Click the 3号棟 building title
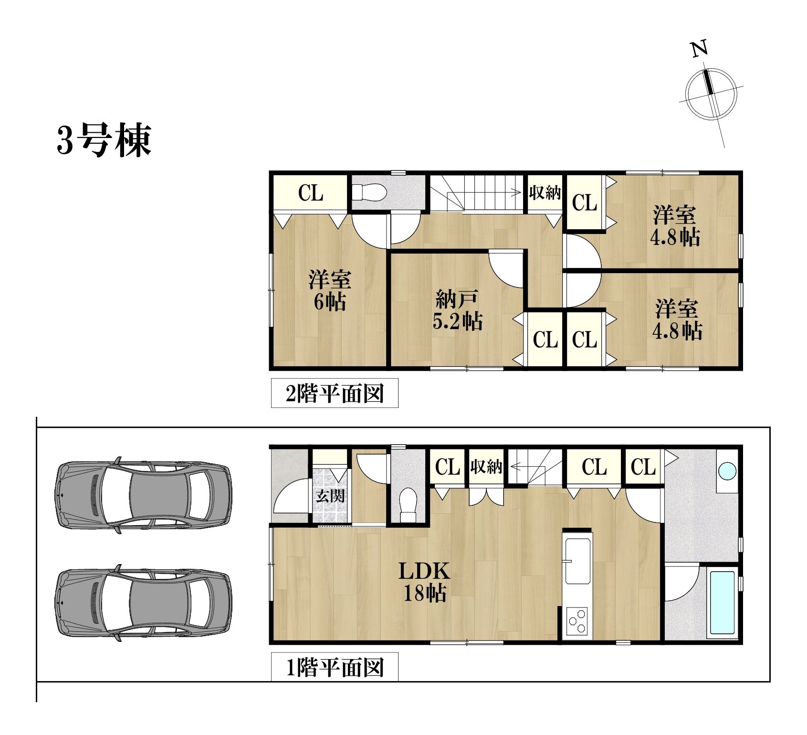104,140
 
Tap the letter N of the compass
700,49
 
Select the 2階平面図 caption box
335,393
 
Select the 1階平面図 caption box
335,667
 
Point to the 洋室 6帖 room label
329,290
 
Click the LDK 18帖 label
425,581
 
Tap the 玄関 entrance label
330,496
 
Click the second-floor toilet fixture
369,193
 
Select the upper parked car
143,495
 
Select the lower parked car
143,602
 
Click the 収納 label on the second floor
545,193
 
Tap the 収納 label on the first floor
486,466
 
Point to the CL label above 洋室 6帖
311,193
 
